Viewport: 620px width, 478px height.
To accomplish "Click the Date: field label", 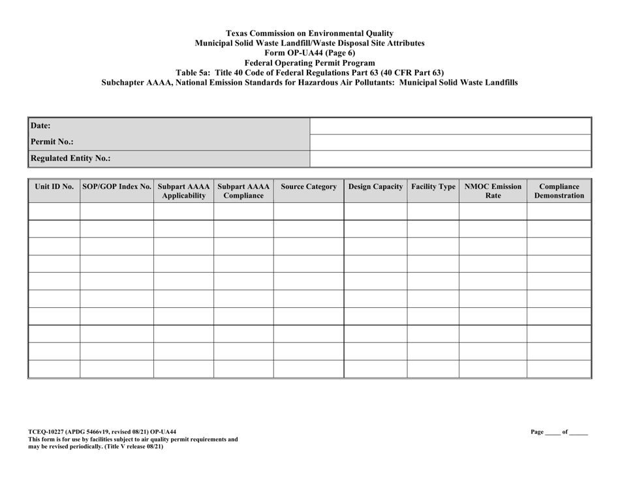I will (x=41, y=126).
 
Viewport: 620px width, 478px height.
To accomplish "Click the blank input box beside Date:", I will (x=450, y=126).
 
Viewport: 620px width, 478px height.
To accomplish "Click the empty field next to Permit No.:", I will (x=450, y=142).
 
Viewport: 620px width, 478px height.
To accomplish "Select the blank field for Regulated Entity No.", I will (x=450, y=158).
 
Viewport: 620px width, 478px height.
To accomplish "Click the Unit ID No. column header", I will (x=54, y=187).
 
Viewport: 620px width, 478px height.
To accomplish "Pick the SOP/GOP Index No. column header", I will (x=117, y=187).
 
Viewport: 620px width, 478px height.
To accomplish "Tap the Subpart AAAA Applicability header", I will (x=184, y=191).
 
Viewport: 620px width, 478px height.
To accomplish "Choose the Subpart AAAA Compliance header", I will (x=243, y=191).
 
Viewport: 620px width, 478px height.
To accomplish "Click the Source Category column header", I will (x=309, y=187).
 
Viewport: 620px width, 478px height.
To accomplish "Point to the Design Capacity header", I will (x=376, y=187).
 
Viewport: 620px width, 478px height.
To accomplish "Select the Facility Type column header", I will (x=433, y=187).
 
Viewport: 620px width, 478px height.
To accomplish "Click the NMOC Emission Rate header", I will (x=493, y=191).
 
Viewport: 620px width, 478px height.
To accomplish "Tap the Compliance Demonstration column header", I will (x=559, y=191).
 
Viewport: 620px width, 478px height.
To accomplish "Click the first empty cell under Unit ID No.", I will (x=54, y=211).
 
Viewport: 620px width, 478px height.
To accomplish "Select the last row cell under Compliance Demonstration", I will (x=559, y=369).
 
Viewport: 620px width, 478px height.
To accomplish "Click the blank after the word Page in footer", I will (x=552, y=432).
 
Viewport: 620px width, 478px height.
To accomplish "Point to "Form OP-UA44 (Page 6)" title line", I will (x=310, y=53).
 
